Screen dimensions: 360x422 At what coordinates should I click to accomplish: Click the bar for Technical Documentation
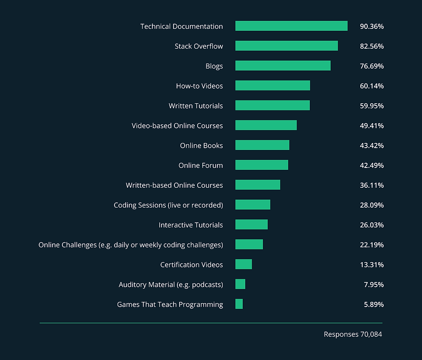(x=291, y=26)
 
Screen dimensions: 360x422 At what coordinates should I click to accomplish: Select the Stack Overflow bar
(x=286, y=46)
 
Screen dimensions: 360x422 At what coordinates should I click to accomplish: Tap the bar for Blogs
(x=283, y=65)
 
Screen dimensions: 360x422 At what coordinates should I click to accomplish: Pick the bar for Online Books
(x=262, y=145)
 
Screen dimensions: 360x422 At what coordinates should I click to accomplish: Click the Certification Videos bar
(x=243, y=264)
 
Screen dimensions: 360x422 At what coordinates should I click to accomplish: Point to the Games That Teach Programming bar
(x=239, y=304)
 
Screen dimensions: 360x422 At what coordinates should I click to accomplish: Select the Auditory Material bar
(x=240, y=284)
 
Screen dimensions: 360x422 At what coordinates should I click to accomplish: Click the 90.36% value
(x=372, y=26)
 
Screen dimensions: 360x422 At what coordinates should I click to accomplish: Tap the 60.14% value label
(x=372, y=86)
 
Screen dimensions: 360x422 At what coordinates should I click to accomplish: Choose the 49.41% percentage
(x=372, y=126)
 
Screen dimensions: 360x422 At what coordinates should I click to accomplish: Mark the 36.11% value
(x=372, y=185)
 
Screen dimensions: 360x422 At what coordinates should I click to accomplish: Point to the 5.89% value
(x=373, y=304)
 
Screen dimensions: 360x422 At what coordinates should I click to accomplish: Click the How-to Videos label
(x=199, y=86)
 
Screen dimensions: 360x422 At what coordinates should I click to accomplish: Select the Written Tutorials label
(x=195, y=106)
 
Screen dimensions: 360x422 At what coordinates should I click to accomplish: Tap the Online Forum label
(x=201, y=165)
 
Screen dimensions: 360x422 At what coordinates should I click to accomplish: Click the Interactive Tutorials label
(x=191, y=225)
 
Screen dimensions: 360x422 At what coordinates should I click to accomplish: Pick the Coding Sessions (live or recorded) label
(x=168, y=205)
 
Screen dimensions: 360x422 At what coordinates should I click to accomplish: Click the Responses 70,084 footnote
(x=353, y=334)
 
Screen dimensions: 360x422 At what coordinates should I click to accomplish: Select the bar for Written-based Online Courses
(x=258, y=185)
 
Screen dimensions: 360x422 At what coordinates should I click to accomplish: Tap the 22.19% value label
(x=372, y=245)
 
